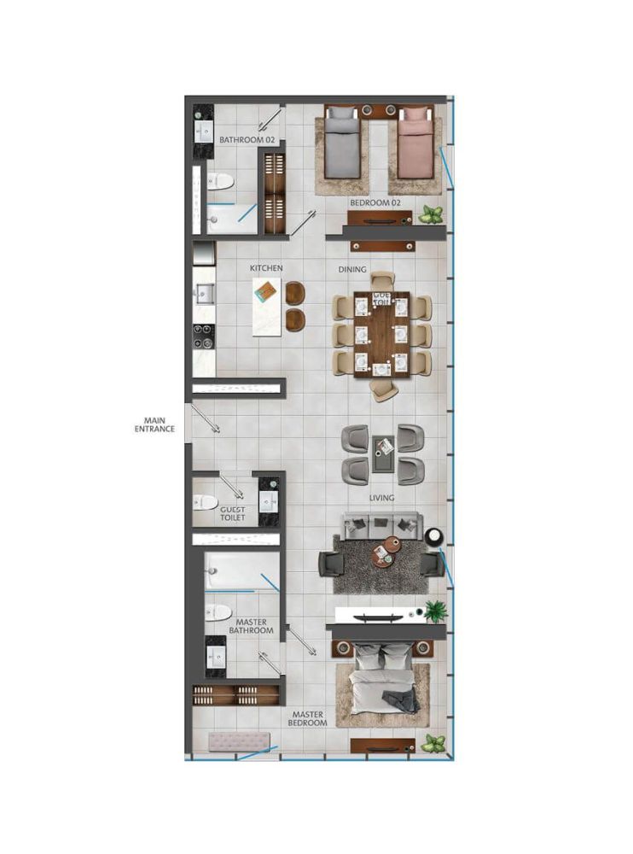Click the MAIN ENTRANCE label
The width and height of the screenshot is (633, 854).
pos(154,424)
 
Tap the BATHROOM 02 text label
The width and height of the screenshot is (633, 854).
pos(247,140)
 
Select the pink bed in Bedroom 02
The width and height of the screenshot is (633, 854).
pos(415,143)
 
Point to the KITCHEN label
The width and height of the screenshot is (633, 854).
pos(266,268)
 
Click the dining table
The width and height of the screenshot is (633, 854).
pos(381,334)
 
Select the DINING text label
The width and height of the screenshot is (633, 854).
pos(352,269)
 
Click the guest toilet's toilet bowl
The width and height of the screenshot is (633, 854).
pos(206,501)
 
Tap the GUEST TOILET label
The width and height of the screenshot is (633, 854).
pos(232,513)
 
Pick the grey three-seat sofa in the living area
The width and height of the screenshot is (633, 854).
pos(381,524)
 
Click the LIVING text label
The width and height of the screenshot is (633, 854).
pos(381,498)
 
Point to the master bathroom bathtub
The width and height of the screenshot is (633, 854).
pos(242,571)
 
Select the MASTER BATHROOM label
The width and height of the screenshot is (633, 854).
pos(251,626)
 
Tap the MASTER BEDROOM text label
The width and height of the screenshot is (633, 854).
pos(307,718)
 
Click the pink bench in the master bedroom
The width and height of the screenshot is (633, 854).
pos(239,741)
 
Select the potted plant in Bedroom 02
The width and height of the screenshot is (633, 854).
pos(431,214)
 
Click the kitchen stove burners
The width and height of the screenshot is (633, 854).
pos(204,336)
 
